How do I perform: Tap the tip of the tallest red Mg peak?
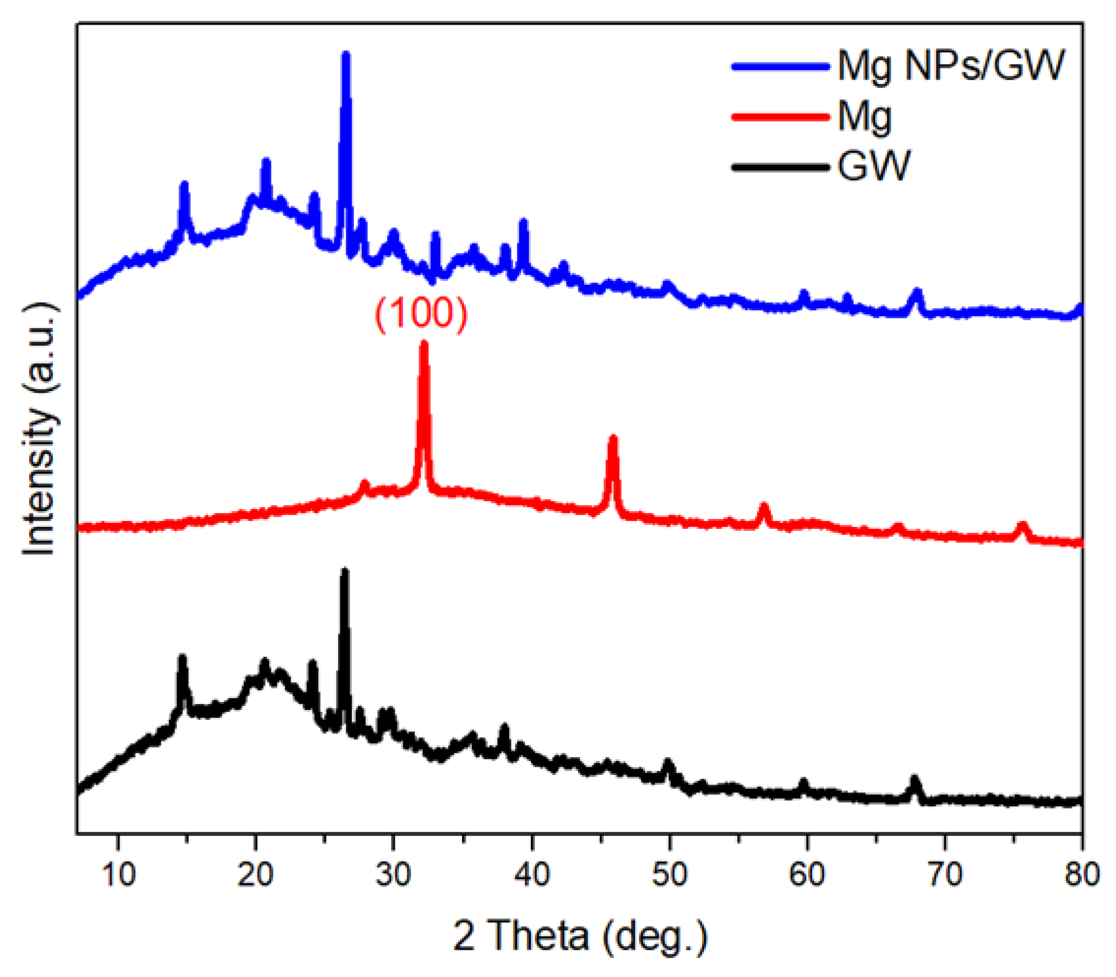coord(423,344)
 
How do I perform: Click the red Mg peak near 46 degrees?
coord(613,439)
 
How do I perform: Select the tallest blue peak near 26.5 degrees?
coord(346,56)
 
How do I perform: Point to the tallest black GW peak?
coord(344,571)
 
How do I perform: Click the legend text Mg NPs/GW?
coord(950,66)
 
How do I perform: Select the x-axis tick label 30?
coord(393,874)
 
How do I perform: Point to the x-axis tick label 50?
coord(669,874)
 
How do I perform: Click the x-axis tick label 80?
coord(1082,874)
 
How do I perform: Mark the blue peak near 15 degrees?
coord(184,185)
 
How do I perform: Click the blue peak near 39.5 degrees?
coord(524,222)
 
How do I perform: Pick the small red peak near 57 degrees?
coord(764,507)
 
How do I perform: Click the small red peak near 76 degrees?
coord(1023,525)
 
